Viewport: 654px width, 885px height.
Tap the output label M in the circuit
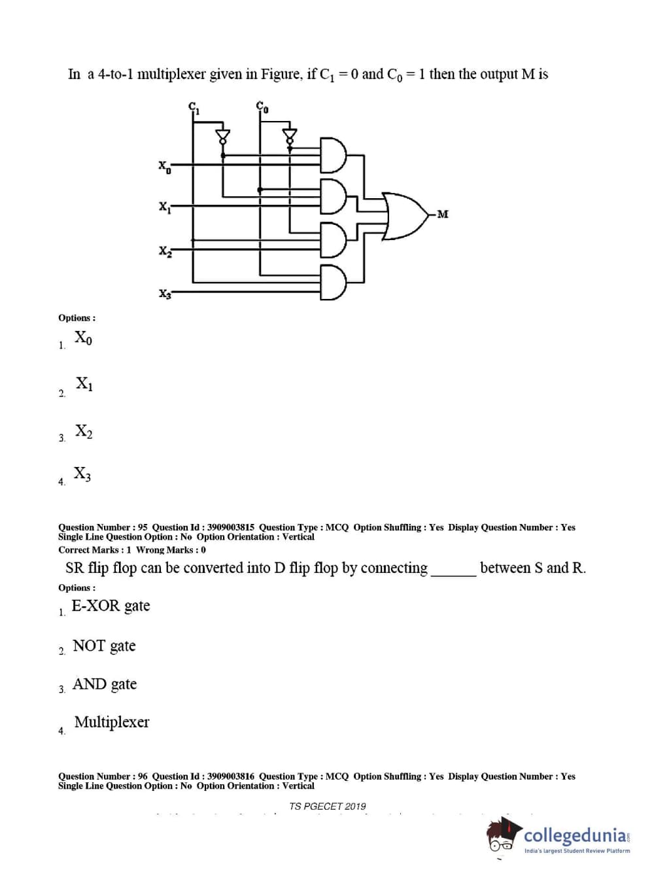point(443,215)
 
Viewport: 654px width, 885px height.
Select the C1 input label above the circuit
point(194,108)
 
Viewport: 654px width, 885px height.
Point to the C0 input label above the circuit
point(262,108)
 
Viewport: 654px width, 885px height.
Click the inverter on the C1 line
point(223,135)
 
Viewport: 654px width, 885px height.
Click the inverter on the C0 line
point(289,135)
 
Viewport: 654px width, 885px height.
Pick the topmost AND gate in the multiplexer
point(332,155)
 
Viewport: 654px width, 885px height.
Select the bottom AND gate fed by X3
point(332,283)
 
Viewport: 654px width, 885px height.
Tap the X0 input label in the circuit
point(165,167)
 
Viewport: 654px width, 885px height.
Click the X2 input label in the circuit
point(165,251)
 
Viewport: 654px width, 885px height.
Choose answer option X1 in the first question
point(84,383)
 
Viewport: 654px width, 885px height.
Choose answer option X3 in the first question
point(82,474)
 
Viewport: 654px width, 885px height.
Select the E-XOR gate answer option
point(111,606)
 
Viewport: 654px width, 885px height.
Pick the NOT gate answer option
point(104,646)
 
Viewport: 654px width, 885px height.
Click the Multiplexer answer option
point(111,722)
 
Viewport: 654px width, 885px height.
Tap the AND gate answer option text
point(105,684)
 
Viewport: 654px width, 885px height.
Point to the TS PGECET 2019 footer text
point(327,807)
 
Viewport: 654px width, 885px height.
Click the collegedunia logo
point(559,837)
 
